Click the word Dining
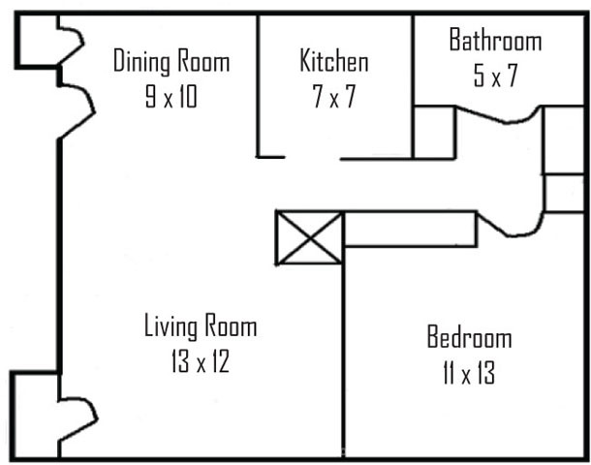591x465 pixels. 141,61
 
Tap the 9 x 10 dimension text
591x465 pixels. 171,96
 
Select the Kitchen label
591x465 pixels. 334,60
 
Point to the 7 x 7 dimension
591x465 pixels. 334,96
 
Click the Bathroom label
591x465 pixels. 495,40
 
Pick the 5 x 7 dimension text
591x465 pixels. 495,76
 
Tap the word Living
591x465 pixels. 171,326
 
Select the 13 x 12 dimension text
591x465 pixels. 201,361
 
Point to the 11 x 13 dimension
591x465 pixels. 469,372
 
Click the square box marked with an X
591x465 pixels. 310,237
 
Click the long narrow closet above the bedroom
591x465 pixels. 411,229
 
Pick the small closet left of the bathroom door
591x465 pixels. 434,133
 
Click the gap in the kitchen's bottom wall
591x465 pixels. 313,158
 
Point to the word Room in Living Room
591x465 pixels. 231,325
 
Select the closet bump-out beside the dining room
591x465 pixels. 37,41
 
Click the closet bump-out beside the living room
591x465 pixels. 35,416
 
